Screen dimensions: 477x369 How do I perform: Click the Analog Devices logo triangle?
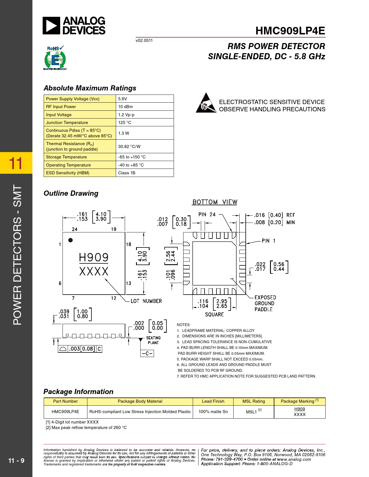51,26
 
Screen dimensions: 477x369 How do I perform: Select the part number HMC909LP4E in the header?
290,31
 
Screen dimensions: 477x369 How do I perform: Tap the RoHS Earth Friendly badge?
55,58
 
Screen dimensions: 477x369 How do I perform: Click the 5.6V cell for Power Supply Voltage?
144,99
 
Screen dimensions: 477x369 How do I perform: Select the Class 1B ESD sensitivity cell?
144,173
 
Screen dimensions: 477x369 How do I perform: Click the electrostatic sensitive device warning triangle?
206,103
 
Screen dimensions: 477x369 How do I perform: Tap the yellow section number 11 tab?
16,163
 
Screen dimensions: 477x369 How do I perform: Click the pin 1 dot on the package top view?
70,240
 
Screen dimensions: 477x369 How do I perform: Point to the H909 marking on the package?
93,257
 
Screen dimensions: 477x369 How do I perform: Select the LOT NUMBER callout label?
146,301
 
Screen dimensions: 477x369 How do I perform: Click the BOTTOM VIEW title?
215,202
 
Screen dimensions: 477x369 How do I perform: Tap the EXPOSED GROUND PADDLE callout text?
265,303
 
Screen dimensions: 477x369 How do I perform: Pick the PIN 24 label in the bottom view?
207,215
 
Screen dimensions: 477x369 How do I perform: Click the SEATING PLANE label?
153,340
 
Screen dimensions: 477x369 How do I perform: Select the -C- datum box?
147,354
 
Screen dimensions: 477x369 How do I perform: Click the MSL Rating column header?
254,401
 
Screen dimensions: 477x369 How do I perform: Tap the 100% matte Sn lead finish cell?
213,412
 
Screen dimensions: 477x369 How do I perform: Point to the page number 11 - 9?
16,461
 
